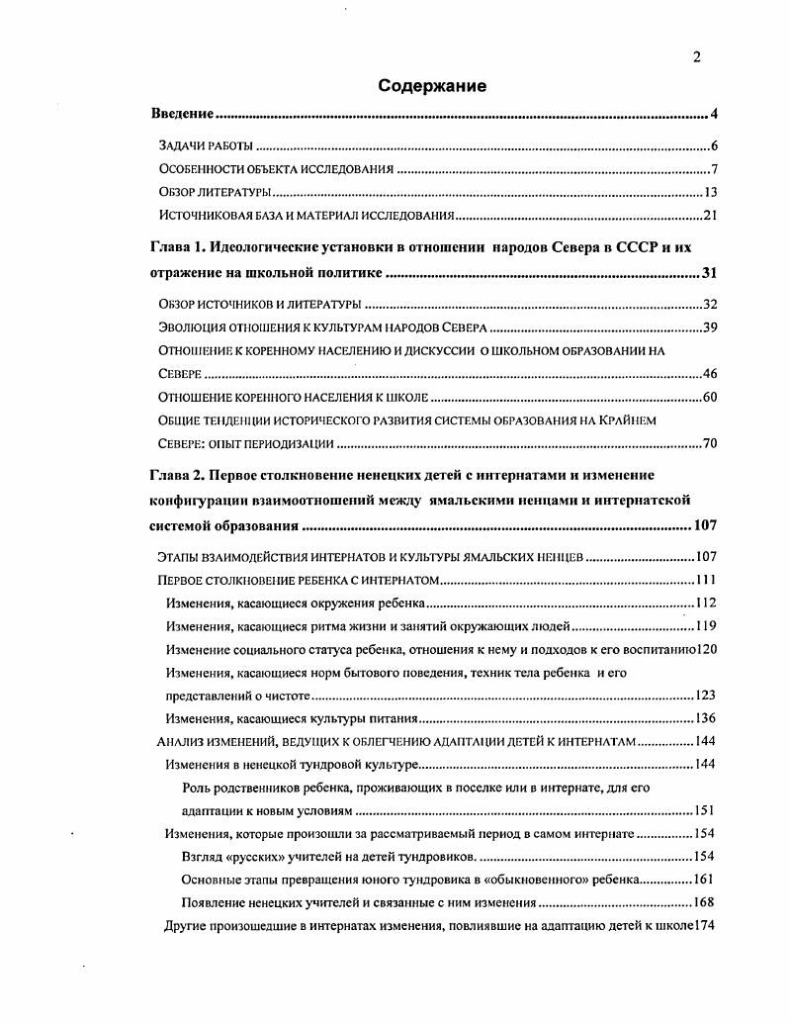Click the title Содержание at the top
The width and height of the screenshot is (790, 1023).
pyautogui.click(x=432, y=86)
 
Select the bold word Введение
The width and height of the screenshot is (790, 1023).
pyautogui.click(x=183, y=114)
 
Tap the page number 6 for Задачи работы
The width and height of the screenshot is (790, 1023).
pyautogui.click(x=713, y=145)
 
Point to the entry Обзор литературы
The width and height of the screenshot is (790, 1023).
pyautogui.click(x=215, y=192)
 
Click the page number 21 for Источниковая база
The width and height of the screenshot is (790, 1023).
pyautogui.click(x=709, y=216)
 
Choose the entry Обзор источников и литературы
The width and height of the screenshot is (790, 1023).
pyautogui.click(x=259, y=304)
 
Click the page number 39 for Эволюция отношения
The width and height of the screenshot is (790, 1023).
pyautogui.click(x=709, y=327)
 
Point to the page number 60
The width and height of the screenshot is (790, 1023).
pyautogui.click(x=709, y=398)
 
